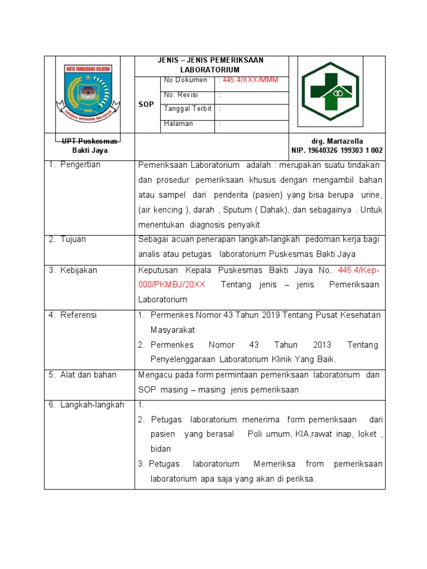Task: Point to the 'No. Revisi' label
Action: tap(181, 95)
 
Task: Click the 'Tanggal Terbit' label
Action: tap(187, 109)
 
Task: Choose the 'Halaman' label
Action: tap(178, 123)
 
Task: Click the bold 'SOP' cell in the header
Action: tap(147, 104)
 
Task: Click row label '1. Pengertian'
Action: tap(75, 165)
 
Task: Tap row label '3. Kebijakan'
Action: tap(73, 270)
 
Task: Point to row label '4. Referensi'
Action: tap(72, 315)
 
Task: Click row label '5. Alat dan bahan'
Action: tap(82, 375)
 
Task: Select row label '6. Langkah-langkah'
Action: tap(86, 405)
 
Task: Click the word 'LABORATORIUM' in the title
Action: tap(210, 70)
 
